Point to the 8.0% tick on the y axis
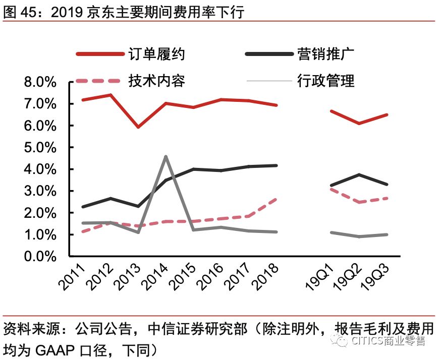coord(40,82)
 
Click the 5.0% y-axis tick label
coord(40,148)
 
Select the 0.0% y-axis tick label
coord(40,257)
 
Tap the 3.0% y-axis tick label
coord(40,192)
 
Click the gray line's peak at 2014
coord(166,156)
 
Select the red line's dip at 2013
coord(138,127)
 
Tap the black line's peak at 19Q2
coord(359,174)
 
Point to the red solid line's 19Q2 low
coord(359,123)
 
